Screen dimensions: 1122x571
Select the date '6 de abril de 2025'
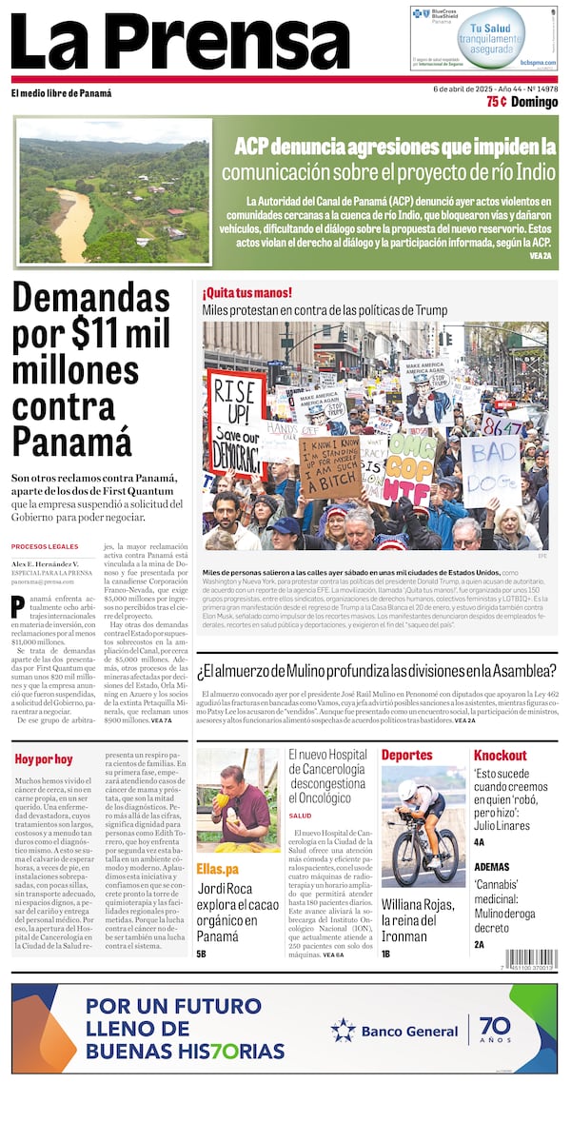pyautogui.click(x=467, y=89)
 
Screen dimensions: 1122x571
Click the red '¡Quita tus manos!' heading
pyautogui.click(x=246, y=292)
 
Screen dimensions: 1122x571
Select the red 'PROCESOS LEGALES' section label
pyautogui.click(x=44, y=546)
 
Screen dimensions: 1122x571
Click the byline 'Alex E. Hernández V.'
pyautogui.click(x=46, y=563)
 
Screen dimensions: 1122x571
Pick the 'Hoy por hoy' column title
pyautogui.click(x=43, y=758)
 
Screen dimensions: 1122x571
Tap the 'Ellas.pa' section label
pyautogui.click(x=217, y=869)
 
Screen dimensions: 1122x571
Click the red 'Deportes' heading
pyautogui.click(x=406, y=755)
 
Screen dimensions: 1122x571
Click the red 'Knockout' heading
pyautogui.click(x=500, y=755)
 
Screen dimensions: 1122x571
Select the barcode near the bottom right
pyautogui.click(x=531, y=959)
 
